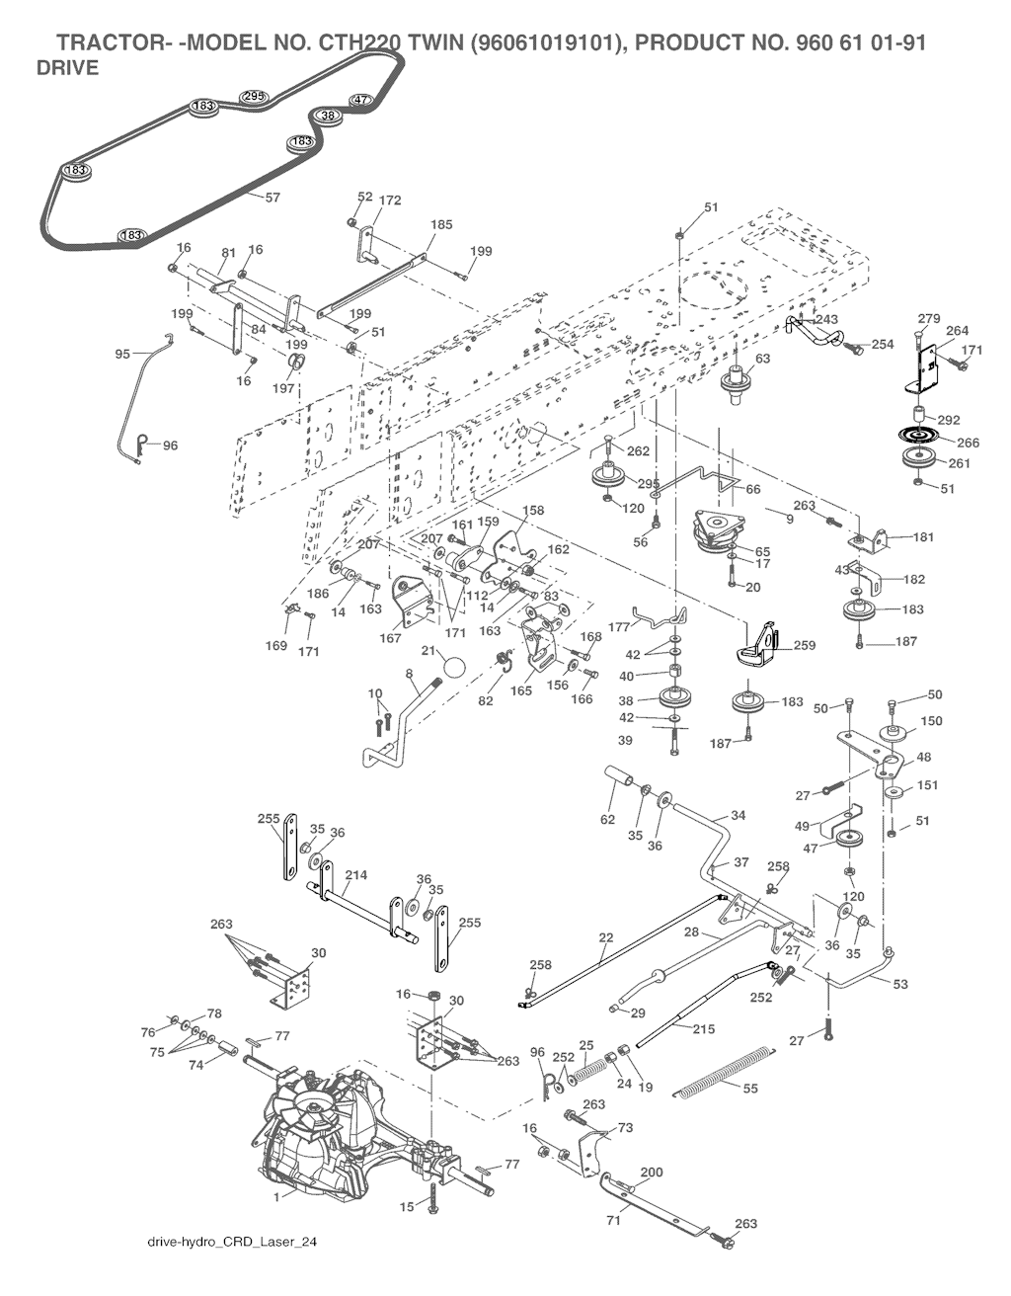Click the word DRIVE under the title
click(67, 69)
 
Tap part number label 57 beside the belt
click(272, 198)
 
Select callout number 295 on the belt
click(254, 96)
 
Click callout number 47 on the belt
click(361, 101)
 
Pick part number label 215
click(703, 1029)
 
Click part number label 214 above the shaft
click(357, 875)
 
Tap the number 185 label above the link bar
click(441, 225)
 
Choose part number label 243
click(826, 319)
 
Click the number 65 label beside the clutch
click(762, 551)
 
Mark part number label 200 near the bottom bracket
click(652, 1173)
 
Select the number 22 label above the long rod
click(606, 936)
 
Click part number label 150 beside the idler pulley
click(931, 721)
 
